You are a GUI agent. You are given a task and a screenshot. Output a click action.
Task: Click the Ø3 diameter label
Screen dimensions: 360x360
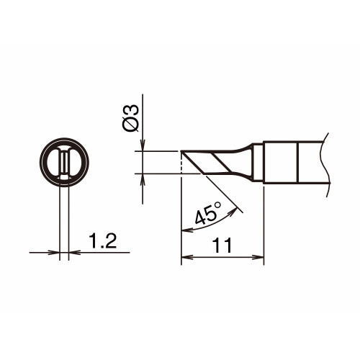131,118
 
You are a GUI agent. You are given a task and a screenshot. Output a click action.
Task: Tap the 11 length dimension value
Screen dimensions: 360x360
223,246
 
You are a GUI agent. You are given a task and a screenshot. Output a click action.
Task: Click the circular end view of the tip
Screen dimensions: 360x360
64,162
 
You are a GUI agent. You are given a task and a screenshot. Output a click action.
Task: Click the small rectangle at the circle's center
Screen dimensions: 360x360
64,161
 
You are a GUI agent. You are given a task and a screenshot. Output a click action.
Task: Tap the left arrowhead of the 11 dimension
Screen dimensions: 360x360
187,258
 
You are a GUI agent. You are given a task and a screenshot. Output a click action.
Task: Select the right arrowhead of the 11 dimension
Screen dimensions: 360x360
258,258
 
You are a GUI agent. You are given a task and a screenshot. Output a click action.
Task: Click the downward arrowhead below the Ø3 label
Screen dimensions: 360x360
143,145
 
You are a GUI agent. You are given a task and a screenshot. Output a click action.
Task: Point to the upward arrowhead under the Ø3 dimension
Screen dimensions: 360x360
143,179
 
